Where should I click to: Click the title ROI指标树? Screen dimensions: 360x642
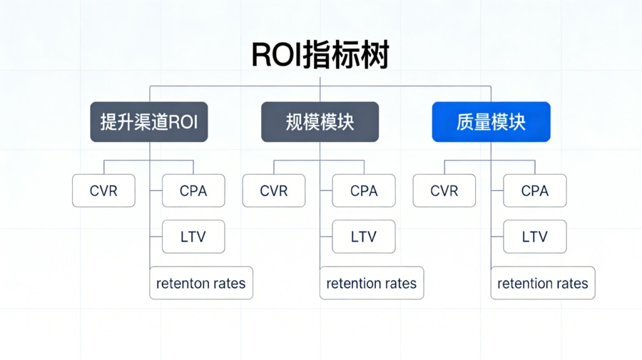pos(320,56)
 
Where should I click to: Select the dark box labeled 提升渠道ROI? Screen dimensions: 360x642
pos(149,122)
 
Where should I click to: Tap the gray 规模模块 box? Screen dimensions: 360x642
pos(320,122)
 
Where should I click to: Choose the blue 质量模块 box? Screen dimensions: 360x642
pos(491,122)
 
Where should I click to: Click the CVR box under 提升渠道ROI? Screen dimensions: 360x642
pos(103,191)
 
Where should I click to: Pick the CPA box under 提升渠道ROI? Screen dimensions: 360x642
pos(193,191)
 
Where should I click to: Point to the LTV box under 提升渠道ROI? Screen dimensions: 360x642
pos(193,237)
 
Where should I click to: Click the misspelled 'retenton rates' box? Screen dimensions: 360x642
pos(201,283)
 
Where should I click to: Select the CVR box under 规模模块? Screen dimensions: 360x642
pos(274,191)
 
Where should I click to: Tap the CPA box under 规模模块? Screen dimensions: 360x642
pos(364,191)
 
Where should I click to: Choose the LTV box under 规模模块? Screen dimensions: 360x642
pos(364,237)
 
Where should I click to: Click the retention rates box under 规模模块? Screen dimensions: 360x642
pos(372,283)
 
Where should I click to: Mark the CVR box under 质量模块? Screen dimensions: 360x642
pos(444,191)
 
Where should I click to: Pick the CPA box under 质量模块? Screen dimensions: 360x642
pos(535,191)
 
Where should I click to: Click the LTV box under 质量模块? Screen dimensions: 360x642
pos(535,237)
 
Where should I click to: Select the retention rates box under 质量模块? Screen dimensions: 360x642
pos(543,283)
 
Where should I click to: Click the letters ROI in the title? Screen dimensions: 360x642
pos(277,56)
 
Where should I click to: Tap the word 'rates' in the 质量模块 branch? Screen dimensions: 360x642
pos(569,284)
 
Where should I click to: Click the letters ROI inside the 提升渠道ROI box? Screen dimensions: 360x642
pos(183,122)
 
